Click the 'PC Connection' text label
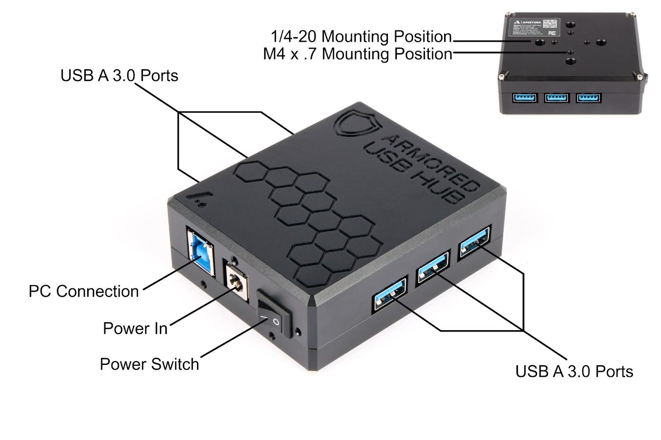click(83, 291)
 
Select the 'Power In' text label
click(135, 329)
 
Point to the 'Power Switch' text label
click(149, 364)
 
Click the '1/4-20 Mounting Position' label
click(361, 37)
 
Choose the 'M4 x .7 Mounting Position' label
click(357, 54)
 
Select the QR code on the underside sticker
click(549, 23)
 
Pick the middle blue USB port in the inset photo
click(556, 98)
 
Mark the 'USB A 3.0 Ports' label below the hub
click(574, 371)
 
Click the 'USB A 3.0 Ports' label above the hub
click(119, 76)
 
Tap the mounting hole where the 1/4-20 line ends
click(540, 42)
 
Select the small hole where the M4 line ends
click(571, 52)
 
